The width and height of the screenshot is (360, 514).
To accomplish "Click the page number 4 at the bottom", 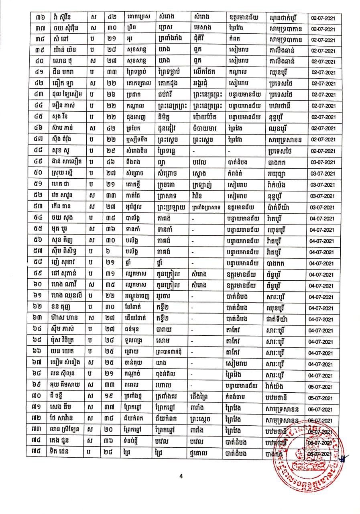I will tap(181, 476).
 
